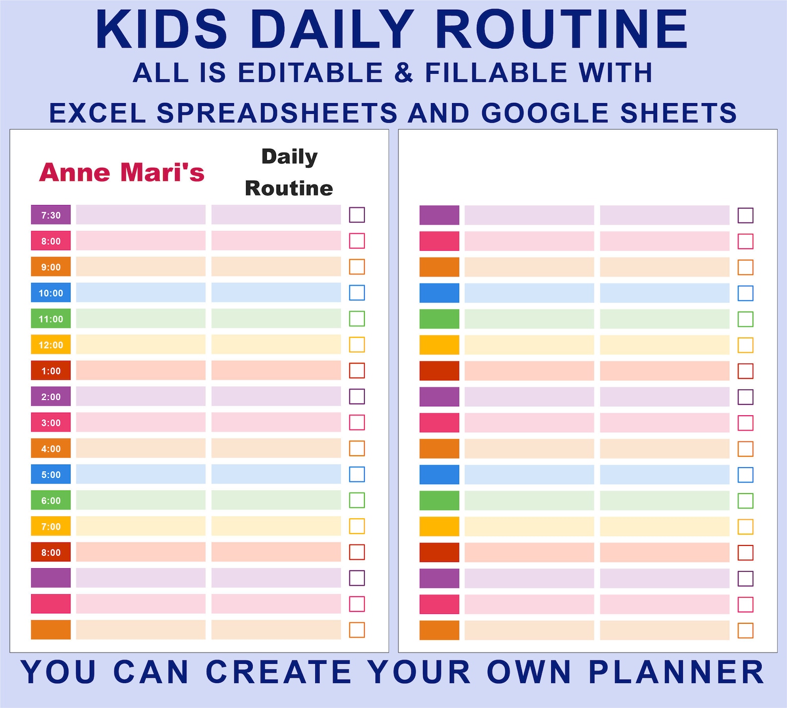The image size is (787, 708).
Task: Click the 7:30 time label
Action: [x=51, y=215]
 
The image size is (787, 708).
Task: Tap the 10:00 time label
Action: [x=51, y=293]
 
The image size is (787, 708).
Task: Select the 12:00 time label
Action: [x=51, y=345]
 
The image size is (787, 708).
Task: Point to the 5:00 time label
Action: [x=51, y=475]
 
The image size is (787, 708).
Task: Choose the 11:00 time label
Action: [x=51, y=319]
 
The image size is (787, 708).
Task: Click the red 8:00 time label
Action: [x=51, y=552]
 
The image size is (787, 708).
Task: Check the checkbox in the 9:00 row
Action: [x=357, y=267]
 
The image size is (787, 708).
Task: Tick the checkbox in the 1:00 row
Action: [x=357, y=371]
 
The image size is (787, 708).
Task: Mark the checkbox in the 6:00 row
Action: [x=357, y=500]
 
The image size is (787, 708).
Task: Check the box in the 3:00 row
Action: [x=357, y=423]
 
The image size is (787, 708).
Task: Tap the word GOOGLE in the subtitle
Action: [x=545, y=113]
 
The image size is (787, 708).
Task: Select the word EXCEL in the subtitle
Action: [x=98, y=113]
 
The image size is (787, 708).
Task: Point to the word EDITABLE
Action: [x=311, y=73]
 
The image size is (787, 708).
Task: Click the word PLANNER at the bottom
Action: [x=676, y=672]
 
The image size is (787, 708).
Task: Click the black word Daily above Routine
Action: [x=289, y=157]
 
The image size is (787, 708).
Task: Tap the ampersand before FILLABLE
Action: [x=404, y=73]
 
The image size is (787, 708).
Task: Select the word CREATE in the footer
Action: [x=279, y=672]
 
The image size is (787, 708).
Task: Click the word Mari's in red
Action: [x=163, y=172]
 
